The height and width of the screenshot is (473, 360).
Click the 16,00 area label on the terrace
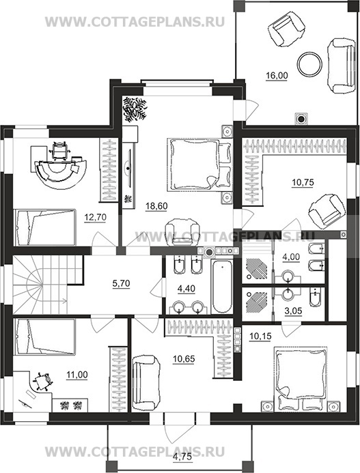[x=277, y=75]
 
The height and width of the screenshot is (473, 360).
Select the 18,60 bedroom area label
[x=156, y=206]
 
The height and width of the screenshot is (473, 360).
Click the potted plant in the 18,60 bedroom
[x=135, y=109]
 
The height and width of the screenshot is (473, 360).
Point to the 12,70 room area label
[x=96, y=217]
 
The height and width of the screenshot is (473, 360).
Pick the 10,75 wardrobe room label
[x=303, y=182]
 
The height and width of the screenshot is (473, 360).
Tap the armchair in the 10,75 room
[x=326, y=210]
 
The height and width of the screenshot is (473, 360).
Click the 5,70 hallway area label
[x=121, y=283]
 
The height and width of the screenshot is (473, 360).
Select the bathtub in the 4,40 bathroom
[x=222, y=287]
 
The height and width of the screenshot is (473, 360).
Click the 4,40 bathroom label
[x=186, y=289]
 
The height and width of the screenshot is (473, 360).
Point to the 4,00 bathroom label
[x=290, y=257]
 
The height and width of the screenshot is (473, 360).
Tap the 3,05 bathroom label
[x=293, y=311]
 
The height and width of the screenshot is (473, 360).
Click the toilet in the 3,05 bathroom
[x=316, y=296]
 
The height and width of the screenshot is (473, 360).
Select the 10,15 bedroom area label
[x=261, y=336]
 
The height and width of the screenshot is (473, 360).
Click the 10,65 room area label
[x=184, y=359]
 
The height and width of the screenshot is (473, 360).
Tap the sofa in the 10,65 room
[x=146, y=382]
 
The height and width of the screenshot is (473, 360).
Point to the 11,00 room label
[x=77, y=375]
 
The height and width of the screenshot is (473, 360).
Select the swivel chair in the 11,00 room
[x=42, y=382]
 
